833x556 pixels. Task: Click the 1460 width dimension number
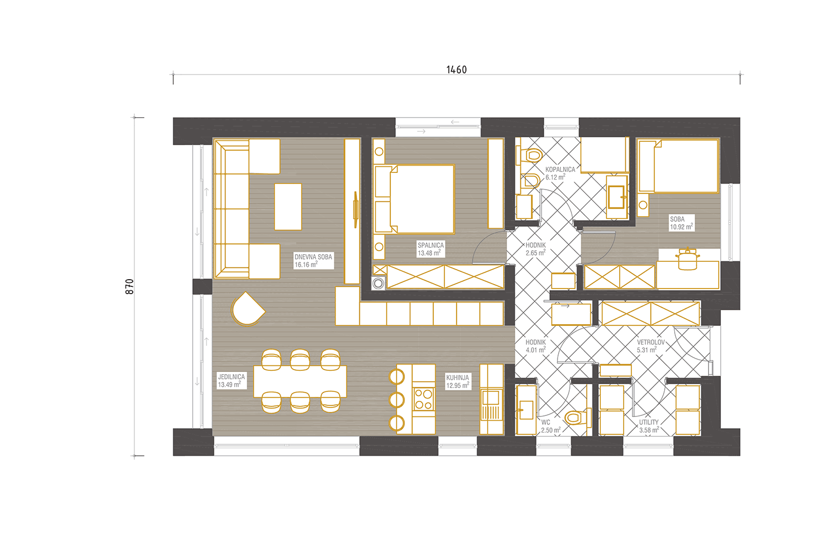(456, 69)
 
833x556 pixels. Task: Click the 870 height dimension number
(129, 286)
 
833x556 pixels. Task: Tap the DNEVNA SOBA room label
(313, 261)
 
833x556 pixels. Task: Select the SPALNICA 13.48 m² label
(430, 249)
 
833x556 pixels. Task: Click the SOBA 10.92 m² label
(681, 223)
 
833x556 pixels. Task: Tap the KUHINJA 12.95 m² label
(458, 381)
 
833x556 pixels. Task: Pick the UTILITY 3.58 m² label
(649, 426)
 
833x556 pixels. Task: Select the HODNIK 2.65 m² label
(535, 249)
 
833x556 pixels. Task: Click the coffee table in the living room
(288, 207)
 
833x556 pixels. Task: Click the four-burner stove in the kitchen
(424, 399)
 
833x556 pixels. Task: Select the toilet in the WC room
(578, 418)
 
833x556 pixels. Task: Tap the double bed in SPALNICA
(414, 199)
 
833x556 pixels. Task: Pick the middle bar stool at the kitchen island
(397, 400)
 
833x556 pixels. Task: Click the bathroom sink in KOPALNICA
(616, 197)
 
